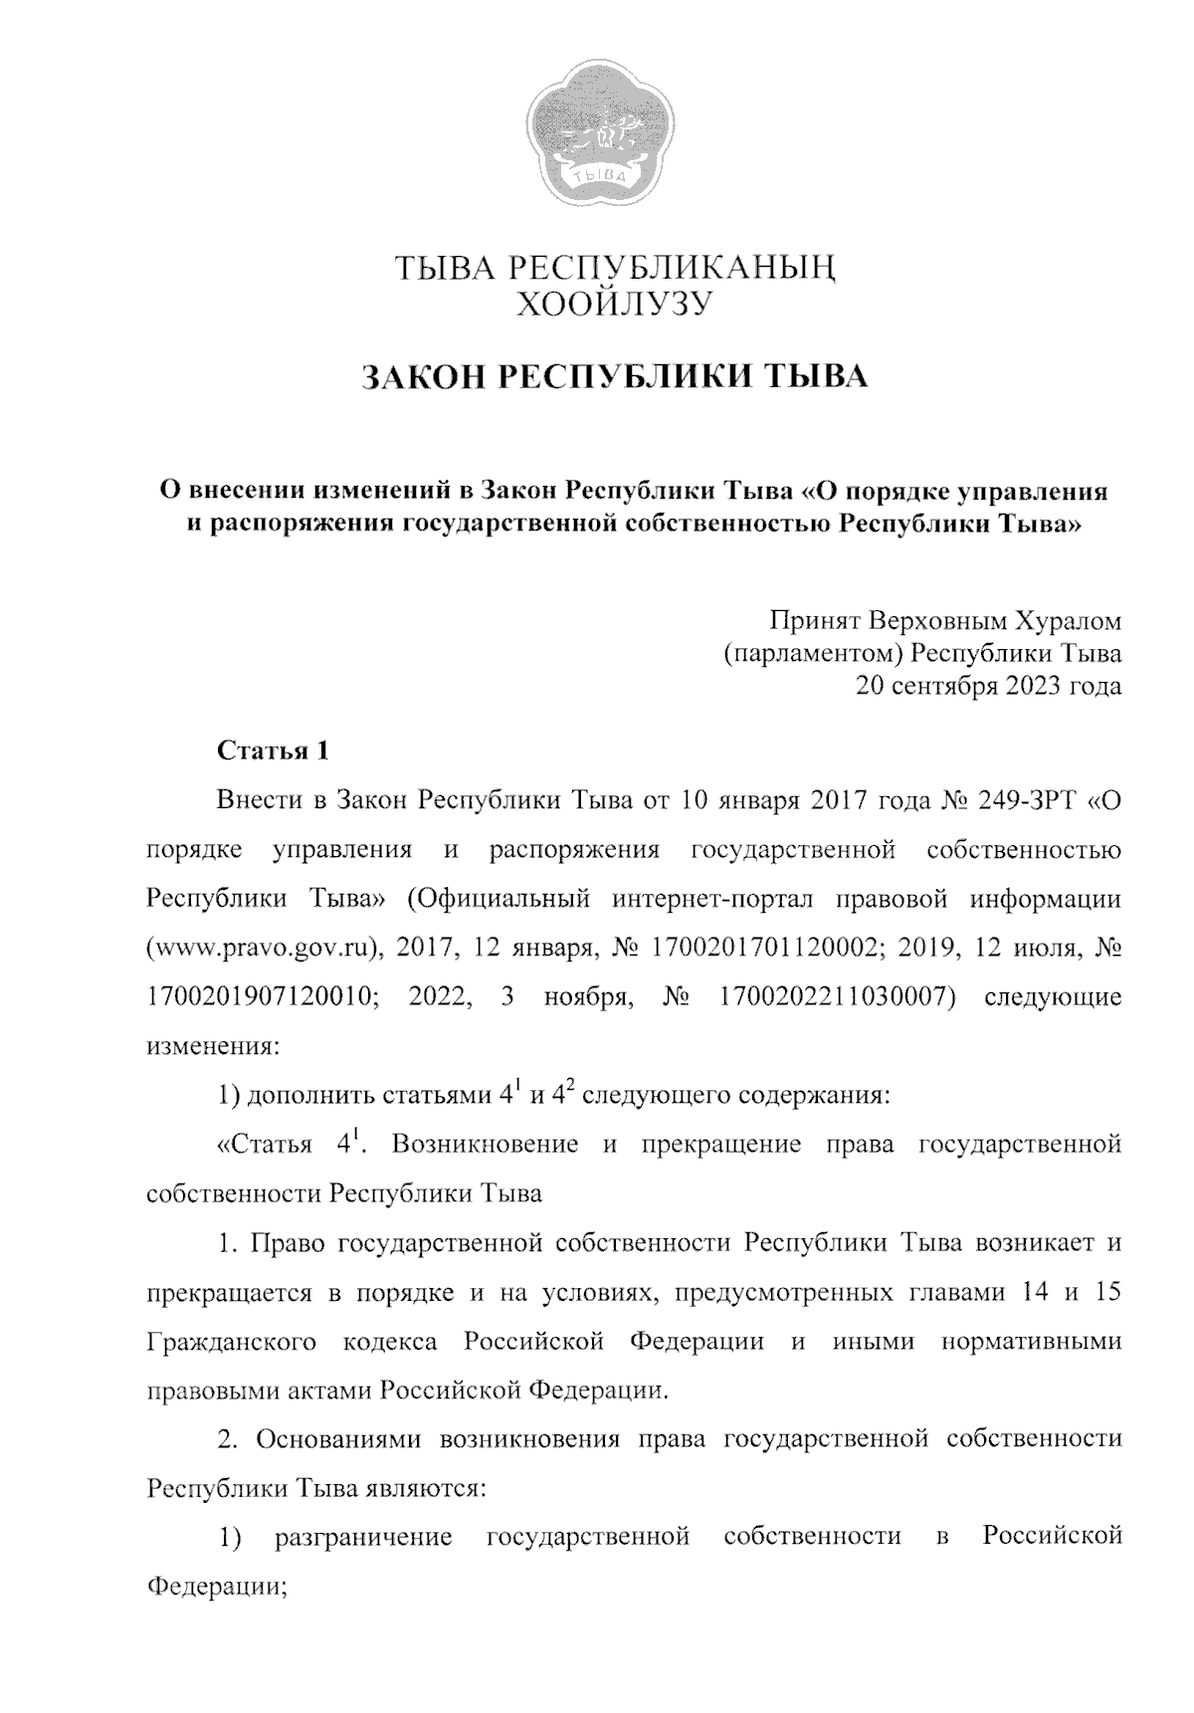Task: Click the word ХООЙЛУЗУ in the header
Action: point(611,304)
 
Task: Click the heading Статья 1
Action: point(272,750)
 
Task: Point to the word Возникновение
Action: point(485,1144)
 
